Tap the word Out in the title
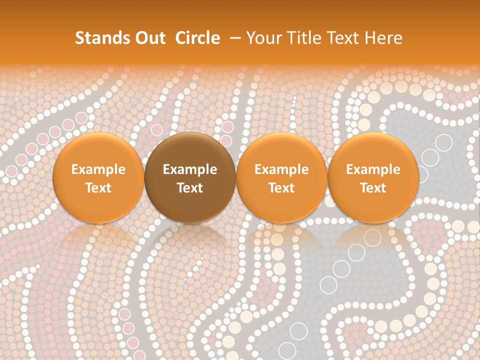tap(148, 38)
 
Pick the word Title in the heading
tap(303, 38)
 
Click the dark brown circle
tap(190, 177)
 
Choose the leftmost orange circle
tap(98, 177)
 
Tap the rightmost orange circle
tap(373, 177)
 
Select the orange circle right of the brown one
tap(281, 177)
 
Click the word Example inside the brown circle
tap(190, 169)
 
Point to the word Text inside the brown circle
tap(190, 188)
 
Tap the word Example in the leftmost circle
tap(98, 169)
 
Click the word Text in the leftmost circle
tap(98, 188)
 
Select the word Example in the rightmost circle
tap(373, 169)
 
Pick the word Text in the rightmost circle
tap(373, 188)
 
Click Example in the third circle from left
tap(281, 169)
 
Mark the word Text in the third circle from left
tap(281, 188)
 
